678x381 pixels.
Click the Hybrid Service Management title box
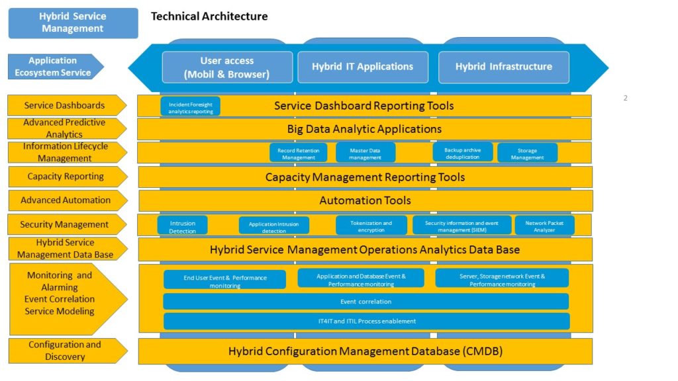73,22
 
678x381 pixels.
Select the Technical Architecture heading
209,17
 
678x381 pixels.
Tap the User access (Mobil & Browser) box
226,67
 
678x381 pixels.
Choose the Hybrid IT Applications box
362,67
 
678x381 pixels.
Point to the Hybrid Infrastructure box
503,67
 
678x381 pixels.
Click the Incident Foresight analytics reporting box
190,106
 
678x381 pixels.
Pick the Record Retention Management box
299,153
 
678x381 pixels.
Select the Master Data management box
365,153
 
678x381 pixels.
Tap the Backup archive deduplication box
463,153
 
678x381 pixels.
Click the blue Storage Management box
527,153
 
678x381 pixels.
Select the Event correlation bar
365,302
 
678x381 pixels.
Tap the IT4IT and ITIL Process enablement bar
365,321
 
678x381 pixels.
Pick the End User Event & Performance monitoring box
224,280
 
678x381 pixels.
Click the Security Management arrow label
66,224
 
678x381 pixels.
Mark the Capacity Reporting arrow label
66,177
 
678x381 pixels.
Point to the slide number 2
625,99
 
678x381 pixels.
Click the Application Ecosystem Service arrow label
55,66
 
